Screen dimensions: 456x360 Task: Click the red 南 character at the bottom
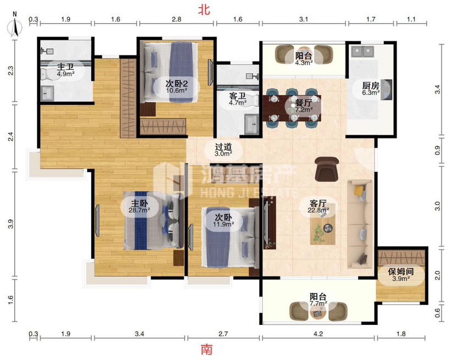(x=207, y=349)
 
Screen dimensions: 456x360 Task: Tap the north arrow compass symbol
(x=15, y=26)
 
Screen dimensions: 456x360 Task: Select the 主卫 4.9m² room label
(x=65, y=70)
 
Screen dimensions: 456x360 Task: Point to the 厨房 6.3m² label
(x=371, y=89)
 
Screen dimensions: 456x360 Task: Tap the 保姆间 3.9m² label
(x=401, y=275)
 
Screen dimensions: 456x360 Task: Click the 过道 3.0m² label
(x=223, y=150)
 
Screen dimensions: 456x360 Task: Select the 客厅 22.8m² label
(x=318, y=206)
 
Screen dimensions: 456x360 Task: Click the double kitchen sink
(x=362, y=52)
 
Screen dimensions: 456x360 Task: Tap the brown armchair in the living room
(x=327, y=169)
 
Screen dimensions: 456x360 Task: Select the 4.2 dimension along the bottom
(x=318, y=334)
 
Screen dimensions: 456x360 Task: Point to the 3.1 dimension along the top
(x=303, y=19)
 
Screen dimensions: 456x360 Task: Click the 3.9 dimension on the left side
(x=11, y=224)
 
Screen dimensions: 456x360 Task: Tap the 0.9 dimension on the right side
(x=438, y=151)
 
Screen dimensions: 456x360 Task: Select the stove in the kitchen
(x=386, y=90)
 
